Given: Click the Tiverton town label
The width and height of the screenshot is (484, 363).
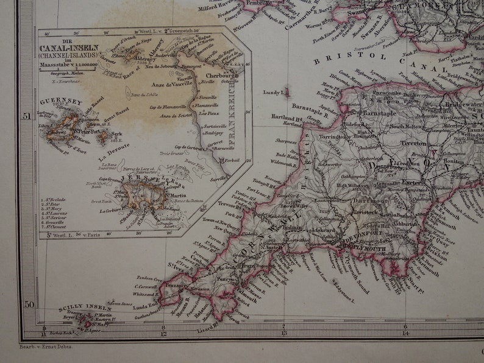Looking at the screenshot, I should click(x=413, y=144).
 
